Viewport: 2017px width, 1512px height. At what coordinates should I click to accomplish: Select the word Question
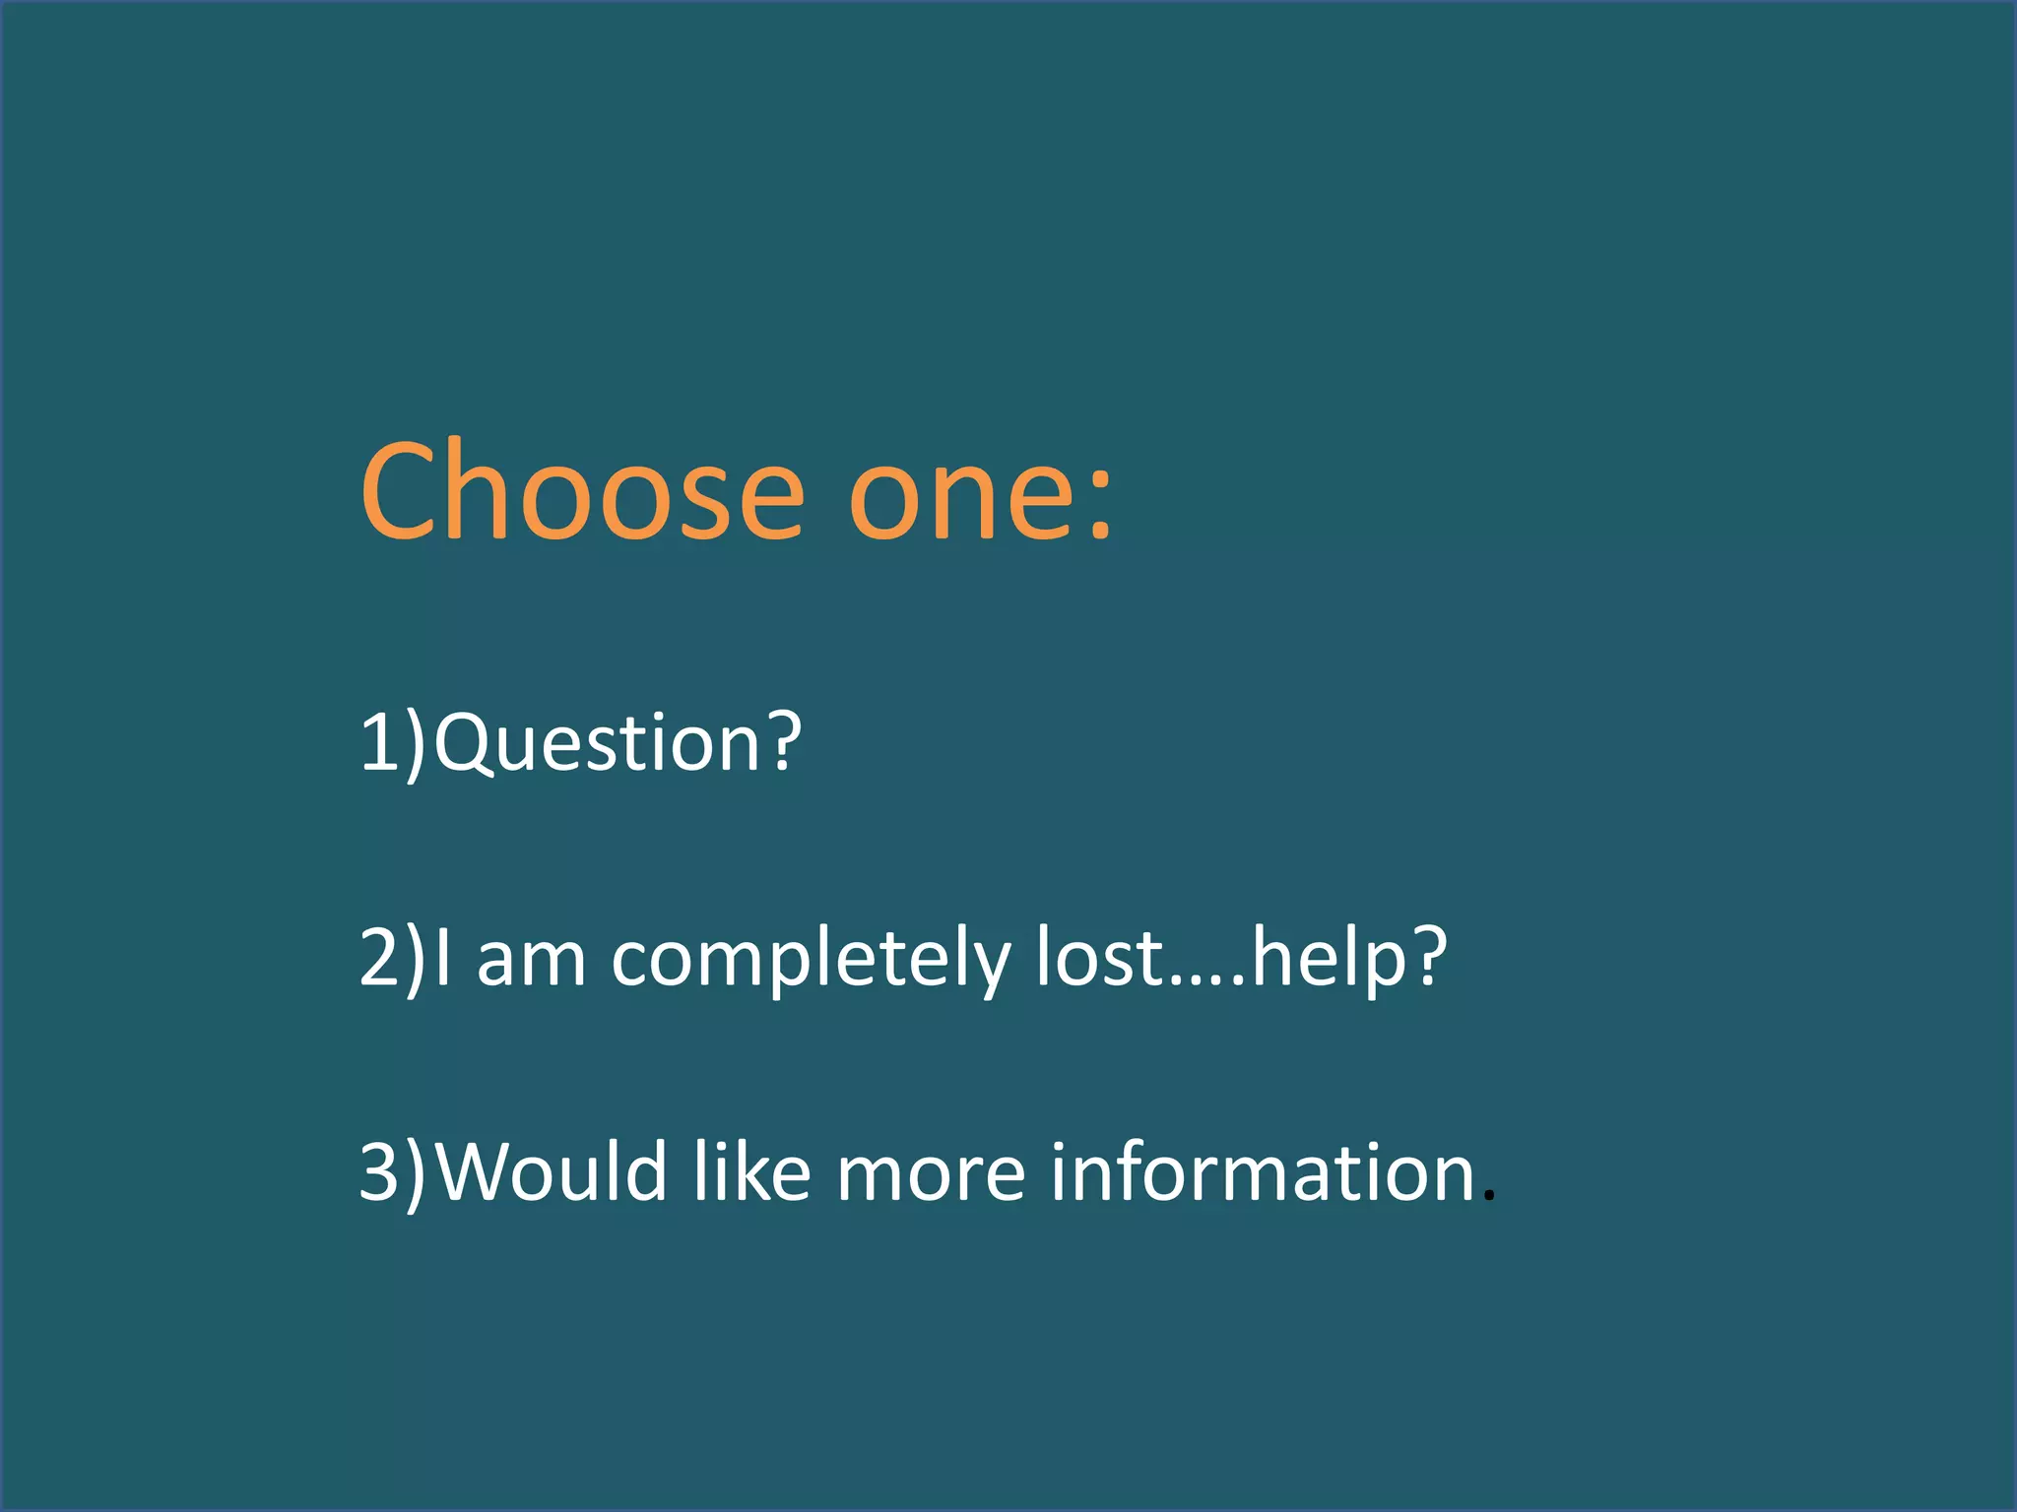coord(597,743)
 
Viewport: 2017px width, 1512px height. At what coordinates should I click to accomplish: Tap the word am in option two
coord(531,961)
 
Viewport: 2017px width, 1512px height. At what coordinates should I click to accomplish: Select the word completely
coord(810,961)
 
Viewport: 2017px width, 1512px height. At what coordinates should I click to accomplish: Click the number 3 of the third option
coord(378,1170)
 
